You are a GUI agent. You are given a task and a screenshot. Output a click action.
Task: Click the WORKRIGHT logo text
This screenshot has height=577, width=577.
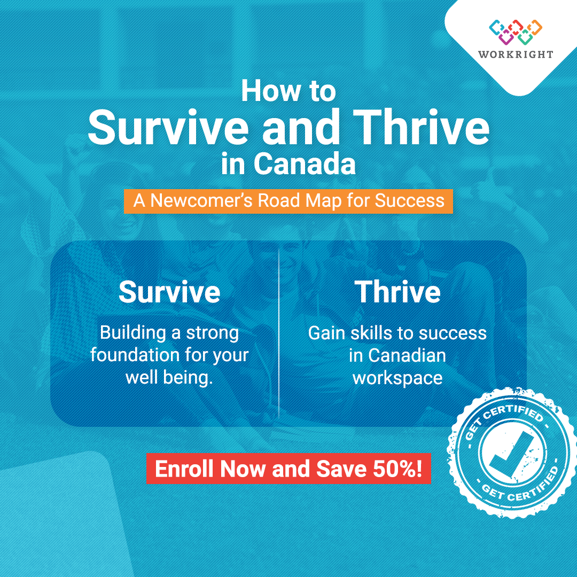coord(516,54)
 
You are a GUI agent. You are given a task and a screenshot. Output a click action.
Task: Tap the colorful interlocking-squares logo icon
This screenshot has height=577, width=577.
coord(516,32)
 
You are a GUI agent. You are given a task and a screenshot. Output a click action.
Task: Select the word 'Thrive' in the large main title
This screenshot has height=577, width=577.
coord(421,127)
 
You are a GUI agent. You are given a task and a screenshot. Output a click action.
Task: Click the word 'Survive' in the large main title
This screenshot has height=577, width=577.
coord(168,127)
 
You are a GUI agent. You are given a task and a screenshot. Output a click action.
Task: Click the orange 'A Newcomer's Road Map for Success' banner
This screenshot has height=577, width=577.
coord(288,201)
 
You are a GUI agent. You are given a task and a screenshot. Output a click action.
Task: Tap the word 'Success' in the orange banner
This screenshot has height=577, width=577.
coord(410,201)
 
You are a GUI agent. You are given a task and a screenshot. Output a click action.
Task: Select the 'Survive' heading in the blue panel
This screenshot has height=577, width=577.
coord(169,292)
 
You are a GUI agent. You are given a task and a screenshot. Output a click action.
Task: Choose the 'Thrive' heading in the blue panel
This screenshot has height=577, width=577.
coord(397,292)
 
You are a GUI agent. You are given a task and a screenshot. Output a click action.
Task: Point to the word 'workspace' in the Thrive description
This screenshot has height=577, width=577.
coord(397,378)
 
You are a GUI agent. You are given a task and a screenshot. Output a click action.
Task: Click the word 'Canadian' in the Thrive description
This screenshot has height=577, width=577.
coord(407,355)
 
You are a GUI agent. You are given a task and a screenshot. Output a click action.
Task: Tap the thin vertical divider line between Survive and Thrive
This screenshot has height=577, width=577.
coord(279,333)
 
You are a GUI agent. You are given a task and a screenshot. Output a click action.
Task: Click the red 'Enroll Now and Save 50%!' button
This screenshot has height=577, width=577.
coord(288,469)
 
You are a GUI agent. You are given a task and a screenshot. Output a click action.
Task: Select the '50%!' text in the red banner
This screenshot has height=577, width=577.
coord(397,469)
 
